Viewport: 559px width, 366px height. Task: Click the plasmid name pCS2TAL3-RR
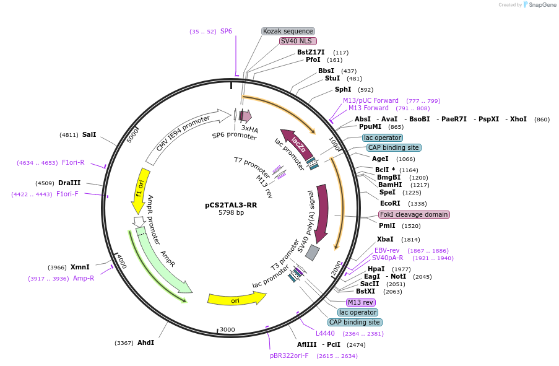click(231, 204)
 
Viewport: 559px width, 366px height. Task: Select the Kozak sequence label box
click(288, 31)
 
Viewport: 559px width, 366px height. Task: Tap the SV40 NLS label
click(297, 41)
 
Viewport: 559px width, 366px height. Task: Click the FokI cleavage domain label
click(414, 214)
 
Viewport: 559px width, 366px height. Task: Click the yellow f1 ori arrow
click(142, 190)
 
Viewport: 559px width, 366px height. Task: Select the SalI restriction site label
click(89, 134)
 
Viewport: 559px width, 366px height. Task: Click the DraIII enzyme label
click(69, 183)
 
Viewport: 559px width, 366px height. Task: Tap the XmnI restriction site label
click(80, 267)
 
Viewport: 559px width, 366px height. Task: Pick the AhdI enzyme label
click(145, 342)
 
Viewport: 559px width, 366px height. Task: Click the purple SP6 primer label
click(226, 31)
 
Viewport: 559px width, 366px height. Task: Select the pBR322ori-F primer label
click(289, 355)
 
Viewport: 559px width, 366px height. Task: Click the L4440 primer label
click(324, 333)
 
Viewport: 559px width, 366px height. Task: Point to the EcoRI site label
click(390, 203)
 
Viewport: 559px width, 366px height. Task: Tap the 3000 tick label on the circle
click(228, 329)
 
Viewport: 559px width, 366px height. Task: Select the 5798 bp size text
click(231, 213)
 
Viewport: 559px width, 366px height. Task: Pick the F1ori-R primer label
click(73, 163)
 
